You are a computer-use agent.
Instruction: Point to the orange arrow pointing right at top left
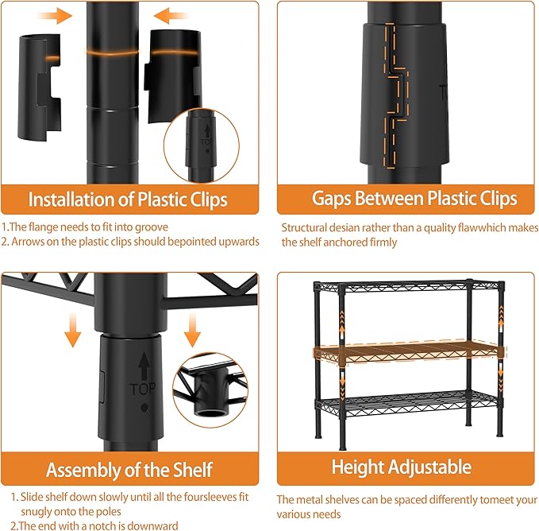coord(55,16)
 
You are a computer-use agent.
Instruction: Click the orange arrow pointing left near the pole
coord(171,16)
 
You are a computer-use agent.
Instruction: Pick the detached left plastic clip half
coord(39,87)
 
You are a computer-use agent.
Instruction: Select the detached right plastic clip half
coord(172,75)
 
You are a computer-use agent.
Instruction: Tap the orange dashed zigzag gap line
coord(396,96)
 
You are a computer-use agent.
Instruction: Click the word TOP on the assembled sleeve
coord(143,390)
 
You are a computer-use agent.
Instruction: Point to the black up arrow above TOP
coord(144,366)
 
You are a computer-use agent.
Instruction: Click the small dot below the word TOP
coord(144,408)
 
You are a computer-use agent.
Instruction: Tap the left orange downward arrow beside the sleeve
coord(72,330)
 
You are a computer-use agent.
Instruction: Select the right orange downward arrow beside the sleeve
coord(192,330)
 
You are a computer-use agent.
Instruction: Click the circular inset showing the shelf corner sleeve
coord(210,390)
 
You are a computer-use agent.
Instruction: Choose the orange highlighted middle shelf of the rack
coord(409,352)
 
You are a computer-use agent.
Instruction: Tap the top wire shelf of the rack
coord(409,286)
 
